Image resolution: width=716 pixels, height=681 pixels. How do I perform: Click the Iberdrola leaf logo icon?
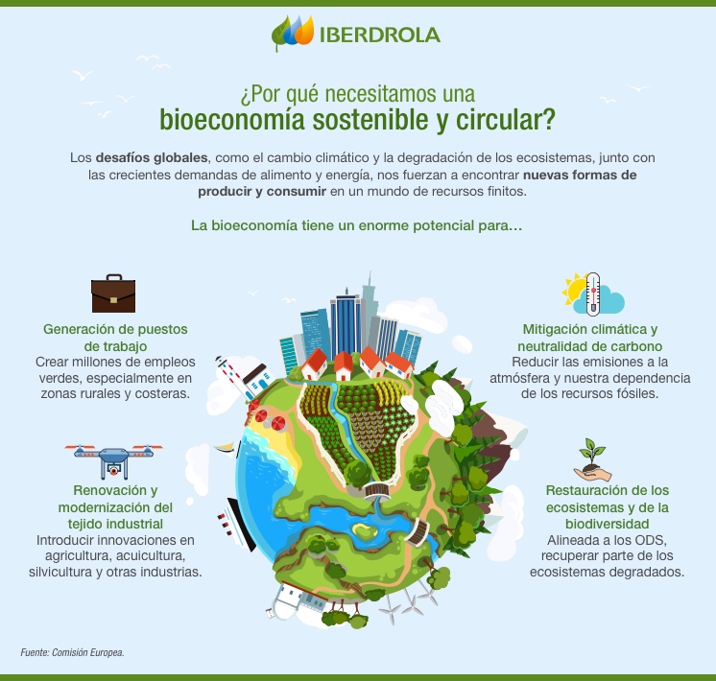click(x=292, y=34)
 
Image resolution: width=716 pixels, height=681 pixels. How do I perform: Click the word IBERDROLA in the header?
click(x=381, y=35)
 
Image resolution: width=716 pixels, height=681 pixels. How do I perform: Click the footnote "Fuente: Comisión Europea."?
click(x=72, y=652)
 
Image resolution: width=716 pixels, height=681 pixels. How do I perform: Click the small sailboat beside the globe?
click(x=227, y=445)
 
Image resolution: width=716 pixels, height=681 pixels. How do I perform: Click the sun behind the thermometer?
click(x=577, y=289)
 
